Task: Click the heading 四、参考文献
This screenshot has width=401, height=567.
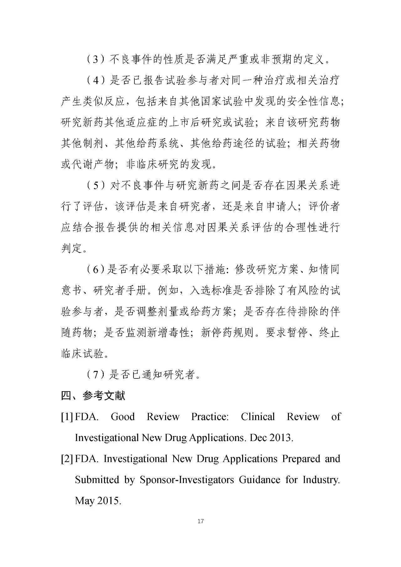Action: [93, 396]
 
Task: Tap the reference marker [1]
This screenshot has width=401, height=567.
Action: [67, 417]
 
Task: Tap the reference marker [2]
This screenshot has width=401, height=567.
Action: [67, 459]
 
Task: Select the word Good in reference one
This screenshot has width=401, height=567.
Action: [122, 417]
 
